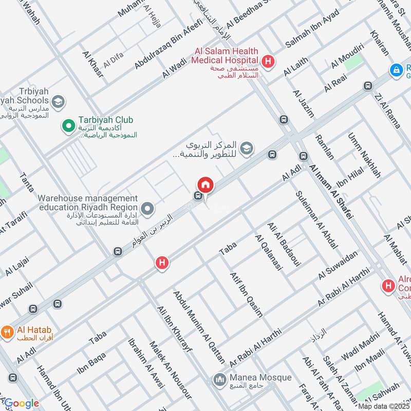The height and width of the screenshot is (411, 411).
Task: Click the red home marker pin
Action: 206,184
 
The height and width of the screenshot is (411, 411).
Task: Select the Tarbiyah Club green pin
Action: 67,125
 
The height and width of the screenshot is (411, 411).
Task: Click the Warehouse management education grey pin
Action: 148,209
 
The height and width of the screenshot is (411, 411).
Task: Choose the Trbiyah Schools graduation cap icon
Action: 58,101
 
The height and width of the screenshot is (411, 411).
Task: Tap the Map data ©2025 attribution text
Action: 384,406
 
